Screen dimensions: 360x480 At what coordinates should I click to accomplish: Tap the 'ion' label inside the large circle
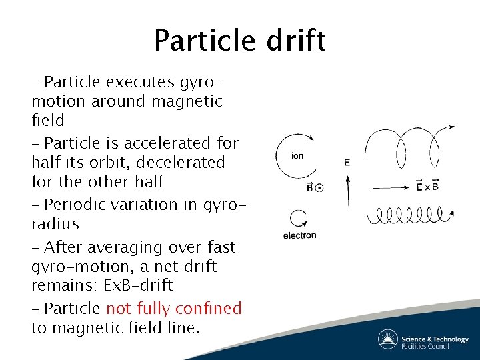tap(298, 156)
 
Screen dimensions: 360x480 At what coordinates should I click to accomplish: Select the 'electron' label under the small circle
tap(299, 235)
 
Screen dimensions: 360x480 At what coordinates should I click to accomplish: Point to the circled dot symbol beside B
tap(319, 188)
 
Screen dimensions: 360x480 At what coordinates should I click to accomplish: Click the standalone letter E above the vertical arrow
tap(347, 162)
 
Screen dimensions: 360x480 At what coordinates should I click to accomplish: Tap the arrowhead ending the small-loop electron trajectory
tap(452, 213)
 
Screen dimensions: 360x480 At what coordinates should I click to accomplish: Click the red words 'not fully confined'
tap(173, 309)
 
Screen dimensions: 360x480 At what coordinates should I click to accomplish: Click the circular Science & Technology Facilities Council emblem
tap(388, 339)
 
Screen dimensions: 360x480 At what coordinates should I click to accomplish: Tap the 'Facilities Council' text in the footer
tap(435, 346)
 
